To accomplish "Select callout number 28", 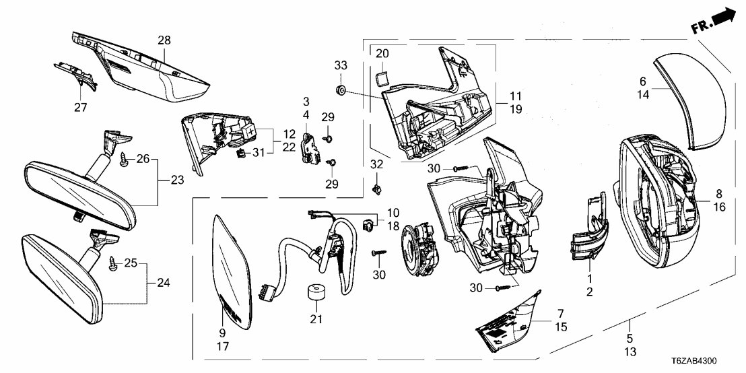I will coord(164,40).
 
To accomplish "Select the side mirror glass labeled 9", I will coord(233,269).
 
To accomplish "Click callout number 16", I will coord(719,208).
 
